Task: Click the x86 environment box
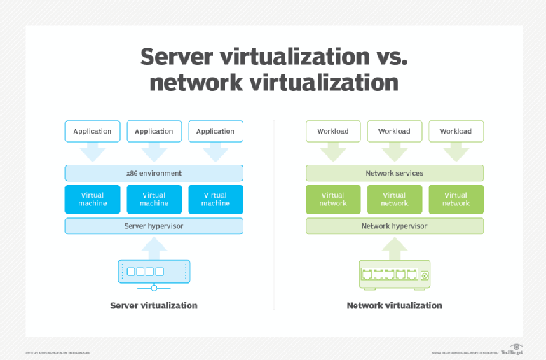click(153, 173)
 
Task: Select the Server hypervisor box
click(153, 226)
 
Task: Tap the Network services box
click(394, 173)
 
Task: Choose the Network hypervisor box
click(394, 226)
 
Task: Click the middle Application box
click(153, 131)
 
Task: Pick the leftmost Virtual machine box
click(93, 199)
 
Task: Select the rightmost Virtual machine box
click(215, 199)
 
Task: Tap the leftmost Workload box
click(333, 131)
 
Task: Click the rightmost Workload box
click(456, 131)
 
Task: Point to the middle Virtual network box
click(394, 199)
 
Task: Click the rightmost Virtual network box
click(456, 199)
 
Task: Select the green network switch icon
click(394, 274)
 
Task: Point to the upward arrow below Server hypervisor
click(154, 247)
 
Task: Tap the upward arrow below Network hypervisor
click(394, 247)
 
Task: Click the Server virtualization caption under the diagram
click(153, 305)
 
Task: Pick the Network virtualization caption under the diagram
click(394, 305)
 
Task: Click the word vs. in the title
click(390, 57)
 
